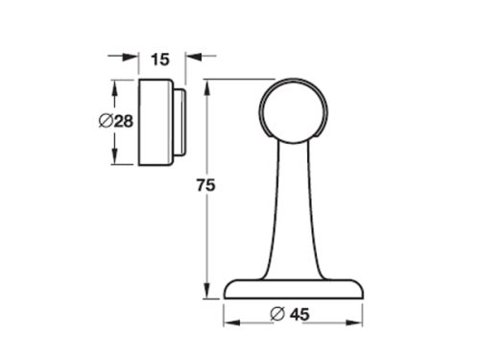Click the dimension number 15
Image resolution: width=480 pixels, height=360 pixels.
160,60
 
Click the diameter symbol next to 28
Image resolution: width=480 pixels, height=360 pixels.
107,121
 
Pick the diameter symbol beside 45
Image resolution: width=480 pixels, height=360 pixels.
277,314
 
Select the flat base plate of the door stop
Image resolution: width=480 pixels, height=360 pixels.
293,288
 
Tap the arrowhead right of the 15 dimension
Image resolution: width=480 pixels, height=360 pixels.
192,56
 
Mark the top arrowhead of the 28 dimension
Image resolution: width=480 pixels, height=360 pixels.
115,87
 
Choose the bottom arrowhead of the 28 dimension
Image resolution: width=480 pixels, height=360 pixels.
115,158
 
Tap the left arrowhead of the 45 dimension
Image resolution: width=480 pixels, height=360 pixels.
231,314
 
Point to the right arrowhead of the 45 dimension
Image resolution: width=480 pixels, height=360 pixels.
358,314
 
